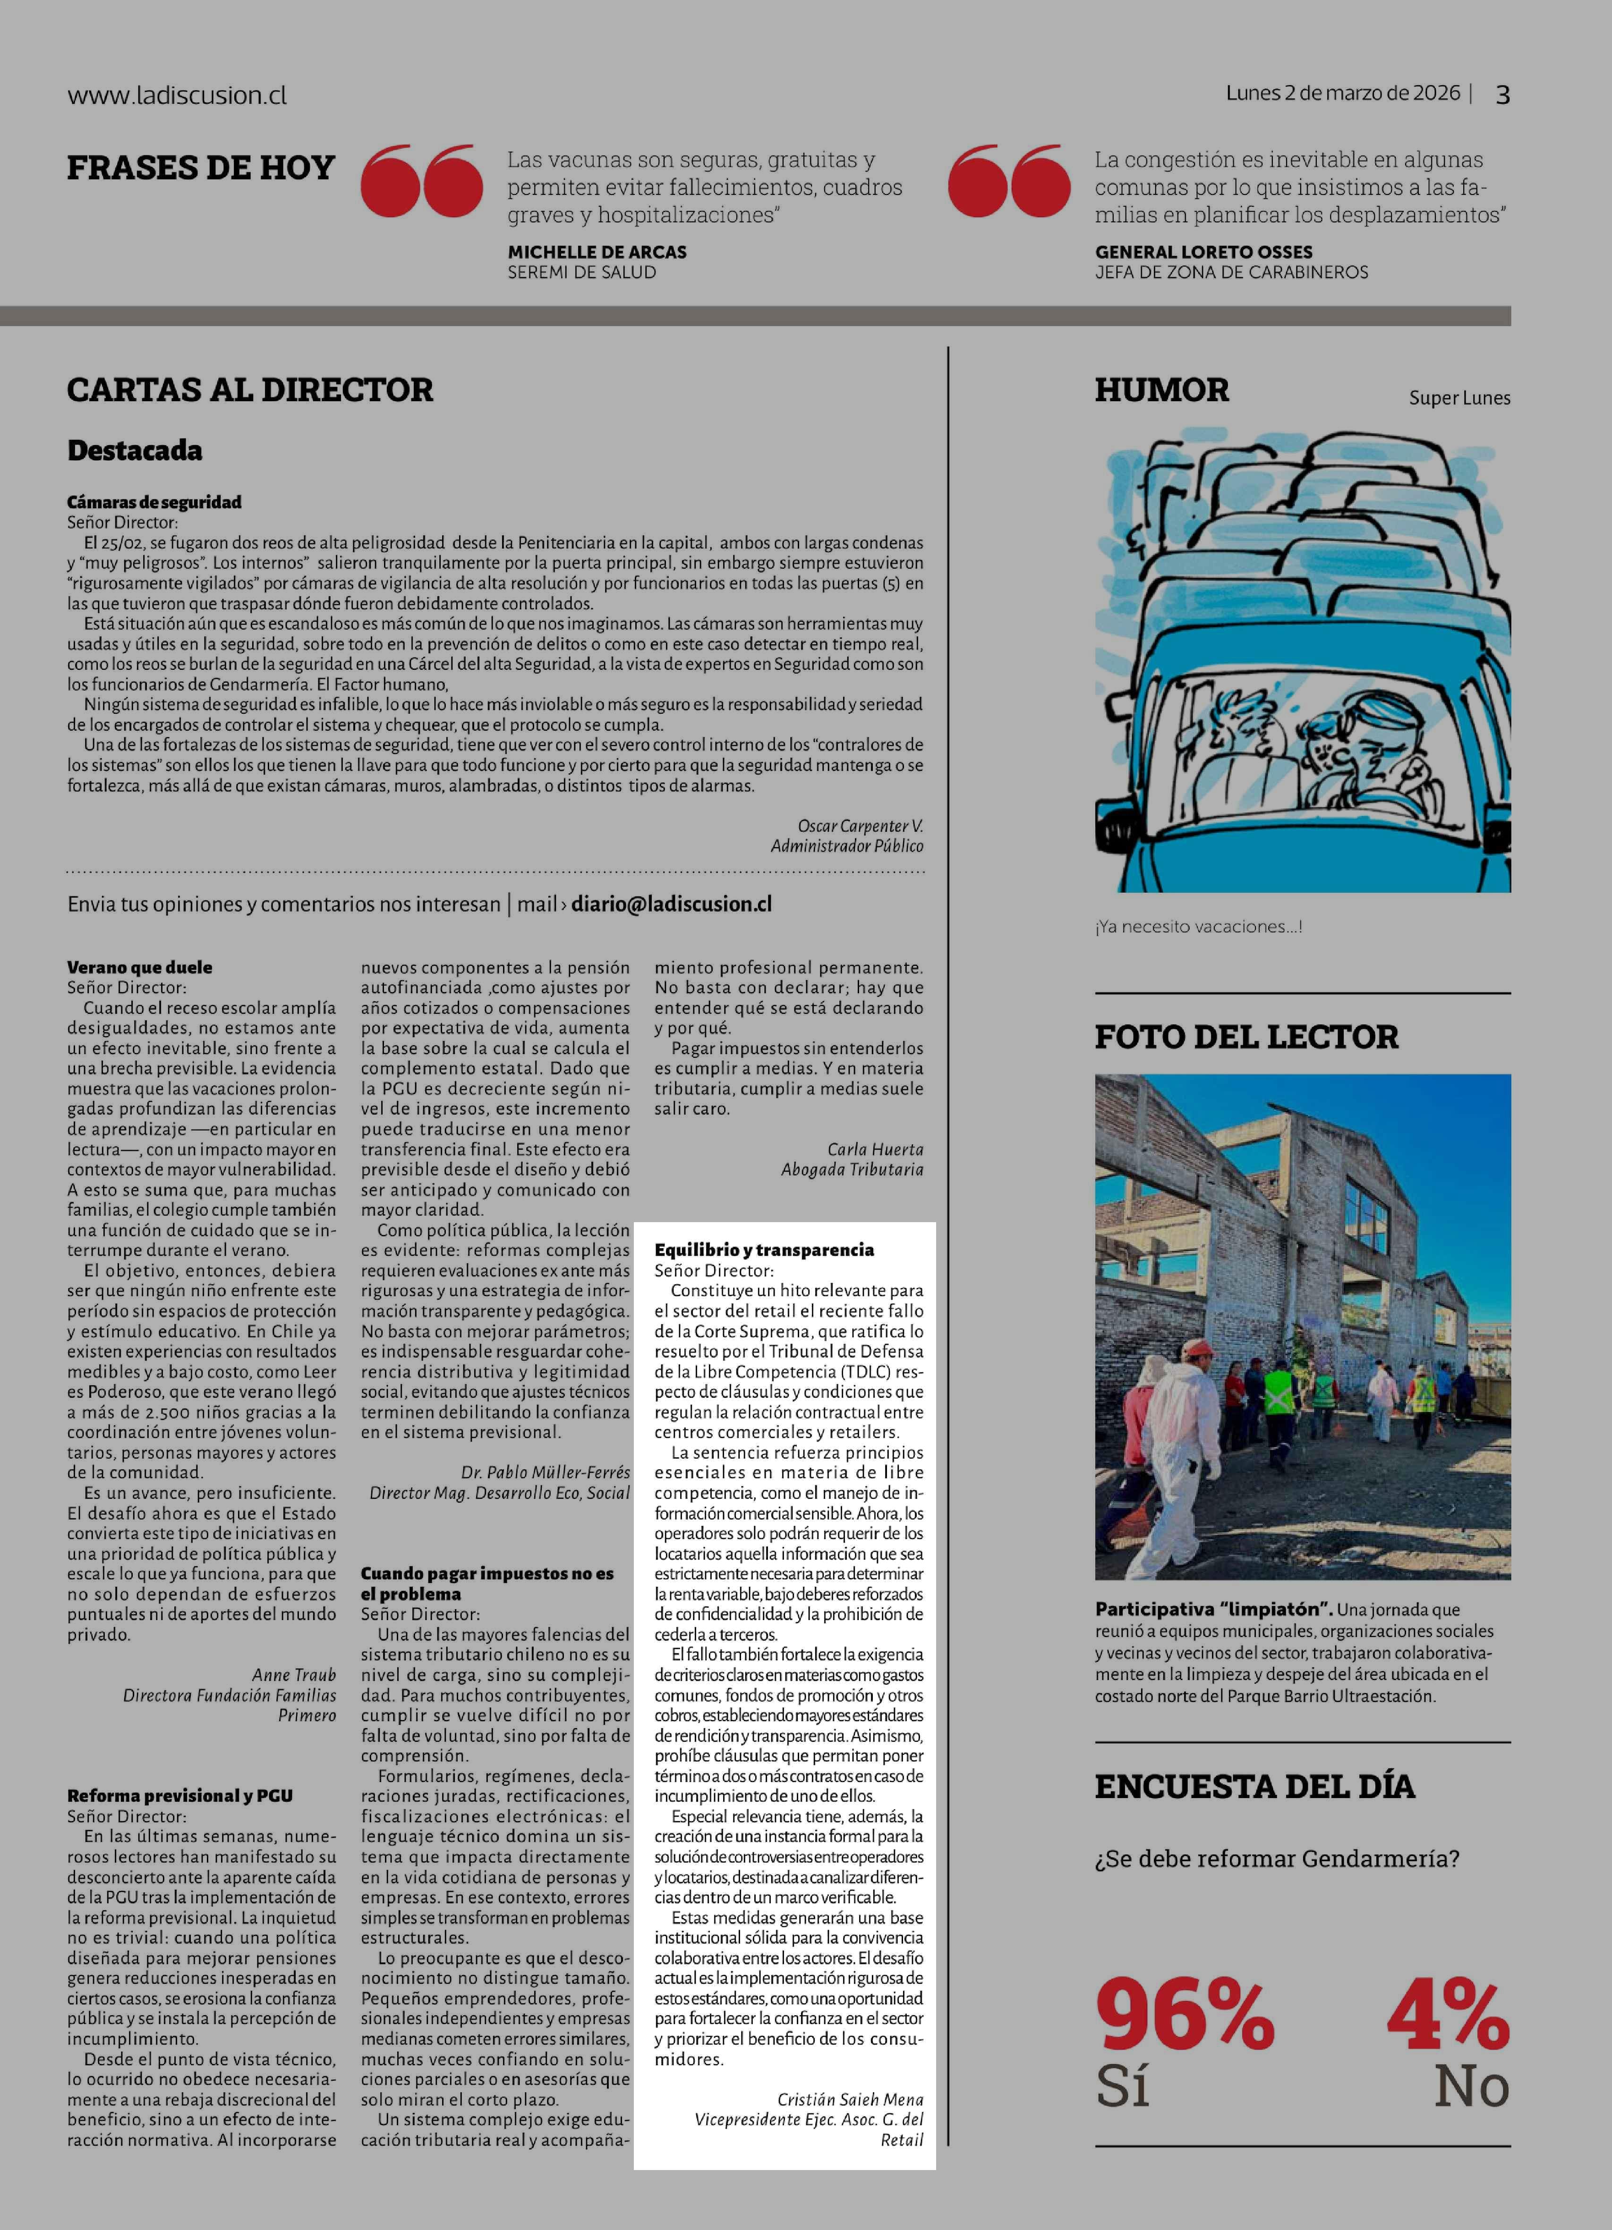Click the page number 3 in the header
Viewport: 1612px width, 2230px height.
1502,94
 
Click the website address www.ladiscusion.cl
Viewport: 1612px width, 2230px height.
177,95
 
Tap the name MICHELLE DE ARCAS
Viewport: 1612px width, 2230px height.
597,252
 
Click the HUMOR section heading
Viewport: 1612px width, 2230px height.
1161,390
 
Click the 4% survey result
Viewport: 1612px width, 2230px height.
1448,2015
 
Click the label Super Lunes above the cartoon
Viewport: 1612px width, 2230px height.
1458,398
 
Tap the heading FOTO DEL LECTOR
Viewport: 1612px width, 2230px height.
1246,1036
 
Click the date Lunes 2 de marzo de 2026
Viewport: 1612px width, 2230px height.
1342,93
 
